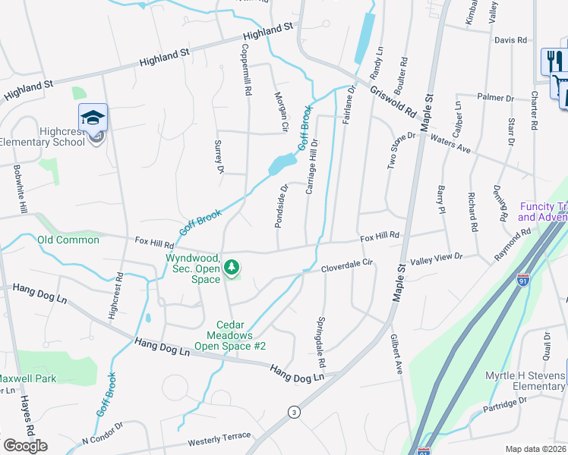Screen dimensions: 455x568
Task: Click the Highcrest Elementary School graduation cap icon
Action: [93, 118]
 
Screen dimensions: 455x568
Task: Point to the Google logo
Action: [25, 446]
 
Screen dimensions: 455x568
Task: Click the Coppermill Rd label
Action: [246, 68]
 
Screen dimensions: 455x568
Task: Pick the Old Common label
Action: [68, 240]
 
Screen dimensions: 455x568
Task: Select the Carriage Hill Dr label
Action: [311, 166]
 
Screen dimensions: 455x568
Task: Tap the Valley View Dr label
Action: [436, 259]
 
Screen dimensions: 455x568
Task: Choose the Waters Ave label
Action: [450, 144]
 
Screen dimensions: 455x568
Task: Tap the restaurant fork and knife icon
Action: [551, 61]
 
